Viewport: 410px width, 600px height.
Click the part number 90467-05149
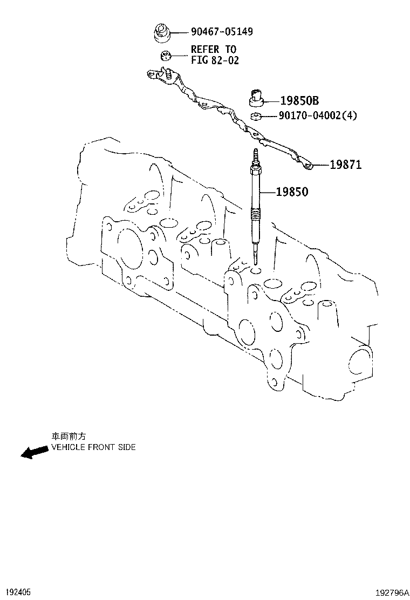click(x=222, y=32)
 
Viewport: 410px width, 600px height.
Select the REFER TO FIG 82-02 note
click(x=214, y=54)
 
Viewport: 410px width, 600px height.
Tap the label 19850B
click(x=299, y=100)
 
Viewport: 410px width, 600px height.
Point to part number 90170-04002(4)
click(x=318, y=115)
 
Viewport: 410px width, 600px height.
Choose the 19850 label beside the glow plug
click(x=292, y=191)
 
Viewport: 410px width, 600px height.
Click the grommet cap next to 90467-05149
click(x=161, y=32)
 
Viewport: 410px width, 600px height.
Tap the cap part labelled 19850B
click(x=257, y=98)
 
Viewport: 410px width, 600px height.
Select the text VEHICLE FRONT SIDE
click(x=93, y=447)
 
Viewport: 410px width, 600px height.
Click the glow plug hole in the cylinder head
click(x=256, y=270)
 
